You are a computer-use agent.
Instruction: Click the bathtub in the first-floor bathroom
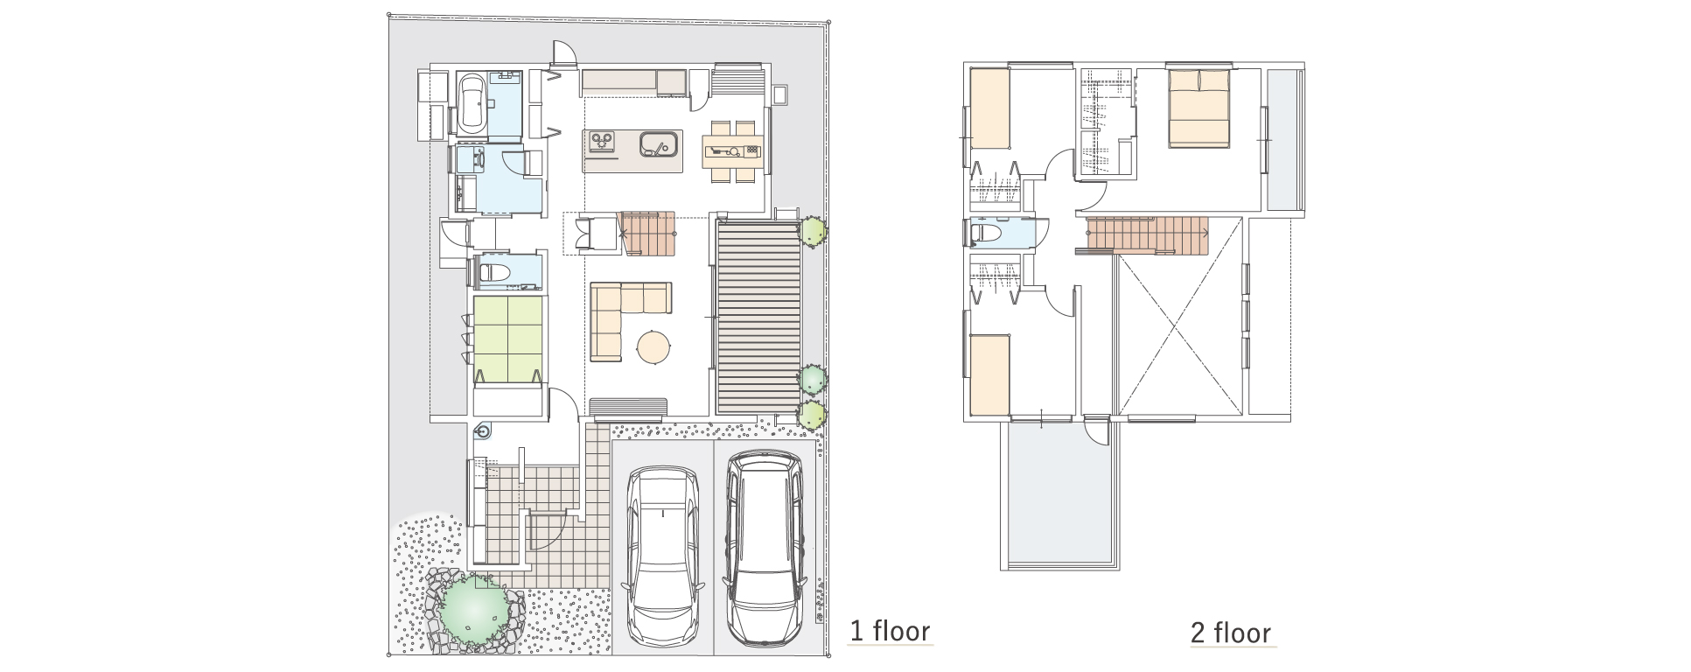[472, 104]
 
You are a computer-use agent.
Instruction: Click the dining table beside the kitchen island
[733, 150]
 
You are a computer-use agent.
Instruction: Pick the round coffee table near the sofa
[653, 346]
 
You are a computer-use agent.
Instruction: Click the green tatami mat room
[508, 339]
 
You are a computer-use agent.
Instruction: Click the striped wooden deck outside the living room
[758, 317]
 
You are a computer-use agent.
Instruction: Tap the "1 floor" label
[891, 630]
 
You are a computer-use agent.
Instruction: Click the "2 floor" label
[1231, 632]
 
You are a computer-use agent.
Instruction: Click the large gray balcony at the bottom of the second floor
[1059, 494]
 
